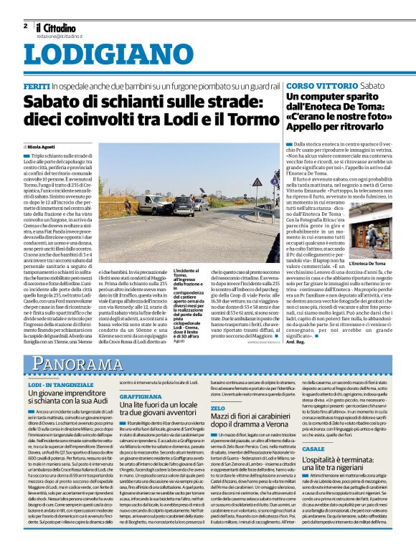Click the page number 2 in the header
[x=25, y=26]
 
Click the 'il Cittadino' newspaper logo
[x=60, y=26]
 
